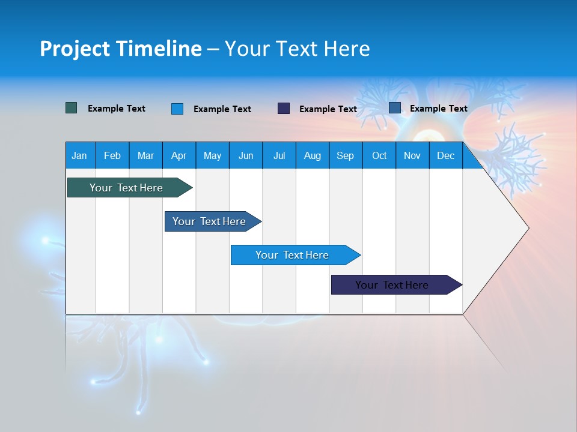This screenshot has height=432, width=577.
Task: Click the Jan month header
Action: [79, 155]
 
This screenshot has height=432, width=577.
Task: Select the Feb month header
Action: [112, 155]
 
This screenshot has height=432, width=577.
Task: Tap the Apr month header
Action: [179, 155]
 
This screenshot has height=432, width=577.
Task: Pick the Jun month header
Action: [245, 155]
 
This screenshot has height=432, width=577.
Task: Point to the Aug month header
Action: [312, 155]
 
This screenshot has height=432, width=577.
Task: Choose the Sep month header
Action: [345, 155]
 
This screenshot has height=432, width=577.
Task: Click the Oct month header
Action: [379, 155]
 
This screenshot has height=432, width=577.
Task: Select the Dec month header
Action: [445, 155]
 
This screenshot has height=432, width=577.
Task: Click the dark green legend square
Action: [72, 108]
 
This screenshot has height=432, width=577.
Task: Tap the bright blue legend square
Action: [177, 109]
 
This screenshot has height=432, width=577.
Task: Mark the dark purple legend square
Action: [284, 109]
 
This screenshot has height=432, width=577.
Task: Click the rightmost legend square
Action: [395, 108]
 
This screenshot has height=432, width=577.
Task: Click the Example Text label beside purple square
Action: [328, 109]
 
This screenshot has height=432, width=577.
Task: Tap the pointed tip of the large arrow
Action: [527, 228]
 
